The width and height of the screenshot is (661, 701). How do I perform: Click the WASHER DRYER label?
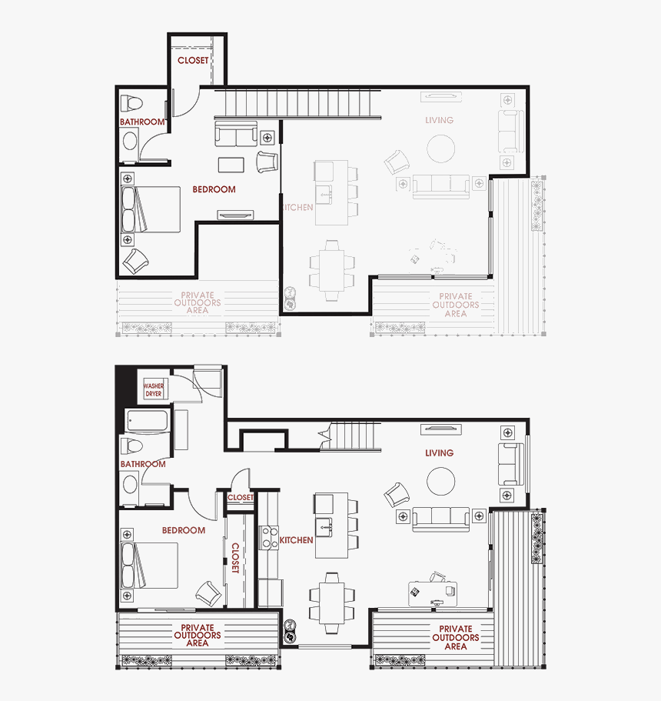[x=154, y=389]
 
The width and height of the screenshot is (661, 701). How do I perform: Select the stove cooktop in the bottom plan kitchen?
[x=270, y=536]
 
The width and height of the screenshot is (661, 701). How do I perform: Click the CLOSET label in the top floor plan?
[x=192, y=60]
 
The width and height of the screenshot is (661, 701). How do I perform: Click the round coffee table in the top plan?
[x=441, y=149]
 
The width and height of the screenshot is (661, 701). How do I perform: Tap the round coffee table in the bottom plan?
[x=441, y=482]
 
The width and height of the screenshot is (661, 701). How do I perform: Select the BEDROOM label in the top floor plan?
[x=214, y=189]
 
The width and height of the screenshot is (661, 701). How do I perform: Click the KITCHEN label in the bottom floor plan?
[x=296, y=540]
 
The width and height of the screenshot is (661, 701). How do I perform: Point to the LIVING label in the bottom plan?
[x=439, y=453]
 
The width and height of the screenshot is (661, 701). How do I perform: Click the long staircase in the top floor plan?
[x=298, y=102]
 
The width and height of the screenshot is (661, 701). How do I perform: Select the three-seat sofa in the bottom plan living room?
[x=441, y=518]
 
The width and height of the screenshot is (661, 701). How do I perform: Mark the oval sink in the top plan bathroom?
[x=130, y=141]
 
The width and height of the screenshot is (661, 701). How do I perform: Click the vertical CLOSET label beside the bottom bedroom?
[x=235, y=557]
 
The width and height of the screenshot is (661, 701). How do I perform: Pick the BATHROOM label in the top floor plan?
[x=142, y=122]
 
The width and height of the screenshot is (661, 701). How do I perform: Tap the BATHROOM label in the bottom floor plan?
[x=142, y=464]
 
